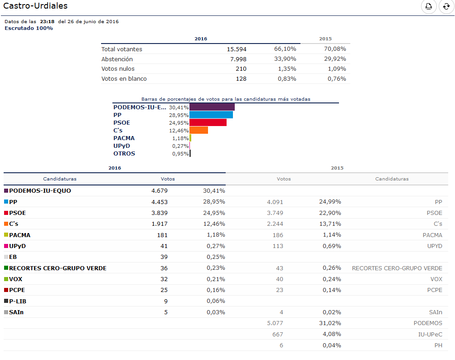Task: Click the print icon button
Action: [x=429, y=6]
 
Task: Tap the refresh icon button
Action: [x=446, y=6]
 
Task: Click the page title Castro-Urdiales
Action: [x=35, y=6]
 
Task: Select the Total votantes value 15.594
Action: [x=237, y=49]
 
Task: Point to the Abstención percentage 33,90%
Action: [x=285, y=59]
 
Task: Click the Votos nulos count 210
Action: [x=241, y=69]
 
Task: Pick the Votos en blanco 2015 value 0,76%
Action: [x=337, y=79]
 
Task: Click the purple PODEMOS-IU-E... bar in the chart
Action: [x=212, y=107]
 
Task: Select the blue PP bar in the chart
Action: [x=211, y=115]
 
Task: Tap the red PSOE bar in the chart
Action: [x=208, y=122]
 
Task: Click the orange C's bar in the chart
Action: [x=199, y=131]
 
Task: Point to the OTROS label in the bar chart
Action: [x=124, y=154]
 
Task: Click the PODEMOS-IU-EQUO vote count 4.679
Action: [x=160, y=191]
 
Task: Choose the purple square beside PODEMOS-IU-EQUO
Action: [x=6, y=191]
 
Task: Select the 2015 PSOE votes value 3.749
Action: [x=275, y=213]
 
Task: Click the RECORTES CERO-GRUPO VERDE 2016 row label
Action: [x=58, y=268]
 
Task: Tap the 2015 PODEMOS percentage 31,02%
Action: [x=330, y=323]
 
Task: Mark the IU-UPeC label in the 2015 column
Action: [x=430, y=335]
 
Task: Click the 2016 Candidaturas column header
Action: [x=60, y=179]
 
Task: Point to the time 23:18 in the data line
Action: [x=47, y=21]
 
